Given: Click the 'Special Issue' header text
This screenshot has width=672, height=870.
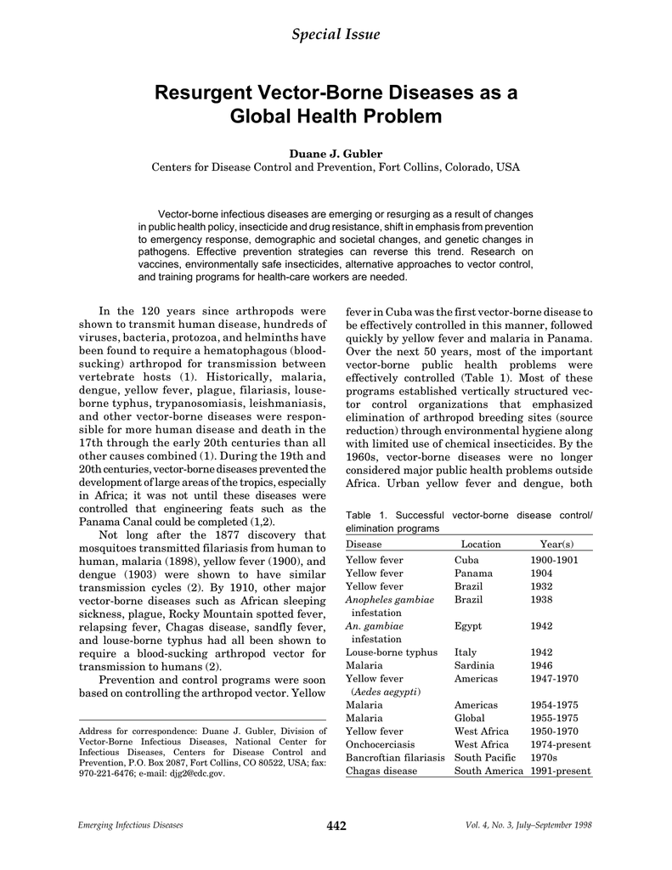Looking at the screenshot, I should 336,34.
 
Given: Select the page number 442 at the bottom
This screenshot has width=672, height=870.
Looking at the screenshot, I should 336,827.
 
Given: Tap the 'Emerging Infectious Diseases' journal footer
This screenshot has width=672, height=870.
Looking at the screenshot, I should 130,827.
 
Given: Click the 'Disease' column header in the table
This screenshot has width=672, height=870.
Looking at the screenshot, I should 364,544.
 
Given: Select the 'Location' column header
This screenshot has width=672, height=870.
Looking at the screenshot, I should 480,544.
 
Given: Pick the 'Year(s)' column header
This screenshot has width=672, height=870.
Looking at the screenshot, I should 556,544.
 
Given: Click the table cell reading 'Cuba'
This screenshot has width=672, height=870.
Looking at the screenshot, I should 466,561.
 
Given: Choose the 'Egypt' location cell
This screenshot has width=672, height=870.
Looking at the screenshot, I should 468,626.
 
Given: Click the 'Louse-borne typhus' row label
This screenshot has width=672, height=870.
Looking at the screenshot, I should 392,652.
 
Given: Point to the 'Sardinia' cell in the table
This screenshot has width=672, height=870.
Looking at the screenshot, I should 474,666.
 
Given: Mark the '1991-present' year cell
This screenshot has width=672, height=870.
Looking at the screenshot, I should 560,771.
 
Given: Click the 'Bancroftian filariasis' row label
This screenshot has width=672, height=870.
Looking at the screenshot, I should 395,758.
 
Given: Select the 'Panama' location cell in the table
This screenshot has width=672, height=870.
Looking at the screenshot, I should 472,573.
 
